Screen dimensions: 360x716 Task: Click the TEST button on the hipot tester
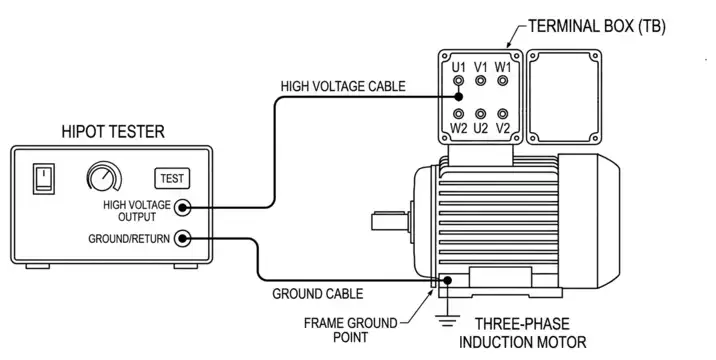[x=172, y=178]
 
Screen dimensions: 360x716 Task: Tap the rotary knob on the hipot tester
[x=102, y=178]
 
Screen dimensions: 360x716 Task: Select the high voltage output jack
[x=183, y=207]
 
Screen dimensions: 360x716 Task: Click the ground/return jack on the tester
[x=183, y=238]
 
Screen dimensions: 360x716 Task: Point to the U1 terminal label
[x=458, y=66]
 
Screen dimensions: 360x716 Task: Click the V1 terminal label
[x=481, y=66]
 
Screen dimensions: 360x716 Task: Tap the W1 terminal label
[x=504, y=66]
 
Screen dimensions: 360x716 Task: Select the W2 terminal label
[x=458, y=129]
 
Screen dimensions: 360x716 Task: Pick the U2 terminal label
[x=481, y=129]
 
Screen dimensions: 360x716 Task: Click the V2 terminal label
[x=504, y=129]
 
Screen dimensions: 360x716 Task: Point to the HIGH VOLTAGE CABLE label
[x=342, y=86]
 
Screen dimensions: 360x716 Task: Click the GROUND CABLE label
[x=318, y=294]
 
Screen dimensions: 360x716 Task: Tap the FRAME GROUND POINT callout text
[x=351, y=330]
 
